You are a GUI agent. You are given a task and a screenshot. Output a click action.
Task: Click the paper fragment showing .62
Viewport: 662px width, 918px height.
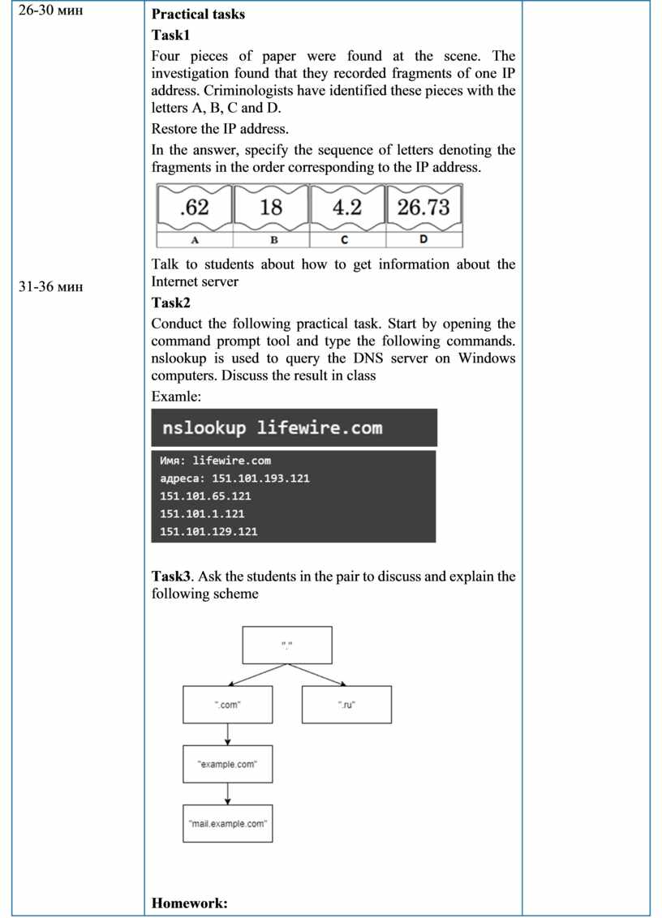pyautogui.click(x=194, y=208)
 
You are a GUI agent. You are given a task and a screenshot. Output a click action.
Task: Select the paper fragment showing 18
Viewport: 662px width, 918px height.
pyautogui.click(x=271, y=208)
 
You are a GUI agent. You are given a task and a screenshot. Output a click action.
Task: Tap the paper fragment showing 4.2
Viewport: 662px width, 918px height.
pyautogui.click(x=347, y=208)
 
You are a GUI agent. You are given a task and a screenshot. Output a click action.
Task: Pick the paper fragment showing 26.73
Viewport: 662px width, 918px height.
pyautogui.click(x=423, y=208)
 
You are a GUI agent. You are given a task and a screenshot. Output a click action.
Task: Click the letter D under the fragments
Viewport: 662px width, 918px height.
pyautogui.click(x=423, y=240)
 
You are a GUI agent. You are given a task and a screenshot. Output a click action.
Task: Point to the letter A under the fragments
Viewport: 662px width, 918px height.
pyautogui.click(x=195, y=241)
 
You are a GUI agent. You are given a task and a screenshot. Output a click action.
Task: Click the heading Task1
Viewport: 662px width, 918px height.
pyautogui.click(x=170, y=35)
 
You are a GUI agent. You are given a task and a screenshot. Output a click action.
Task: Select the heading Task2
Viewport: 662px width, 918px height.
pyautogui.click(x=171, y=302)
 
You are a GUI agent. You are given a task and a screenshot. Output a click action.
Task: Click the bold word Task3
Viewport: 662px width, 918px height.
pyautogui.click(x=171, y=577)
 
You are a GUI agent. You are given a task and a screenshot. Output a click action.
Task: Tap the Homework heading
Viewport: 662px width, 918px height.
pyautogui.click(x=189, y=903)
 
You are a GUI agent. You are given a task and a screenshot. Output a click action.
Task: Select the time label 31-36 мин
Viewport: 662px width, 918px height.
pyautogui.click(x=50, y=285)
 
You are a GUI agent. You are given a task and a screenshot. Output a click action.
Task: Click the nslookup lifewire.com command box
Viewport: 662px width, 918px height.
pyautogui.click(x=294, y=427)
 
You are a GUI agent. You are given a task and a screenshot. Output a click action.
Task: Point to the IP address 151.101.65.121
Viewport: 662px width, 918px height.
pyautogui.click(x=206, y=495)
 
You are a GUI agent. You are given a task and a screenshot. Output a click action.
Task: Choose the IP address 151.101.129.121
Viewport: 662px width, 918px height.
pyautogui.click(x=209, y=531)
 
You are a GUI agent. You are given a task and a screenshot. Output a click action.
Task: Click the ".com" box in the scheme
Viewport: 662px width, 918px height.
pyautogui.click(x=228, y=705)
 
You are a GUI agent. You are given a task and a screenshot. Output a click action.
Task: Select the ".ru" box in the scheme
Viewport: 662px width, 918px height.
pyautogui.click(x=346, y=705)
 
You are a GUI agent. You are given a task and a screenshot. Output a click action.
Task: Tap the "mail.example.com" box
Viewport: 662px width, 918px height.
pyautogui.click(x=228, y=823)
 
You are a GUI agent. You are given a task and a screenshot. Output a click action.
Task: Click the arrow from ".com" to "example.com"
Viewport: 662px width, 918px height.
pyautogui.click(x=228, y=734)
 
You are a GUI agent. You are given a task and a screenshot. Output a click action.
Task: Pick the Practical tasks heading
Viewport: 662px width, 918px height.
pyautogui.click(x=198, y=14)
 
